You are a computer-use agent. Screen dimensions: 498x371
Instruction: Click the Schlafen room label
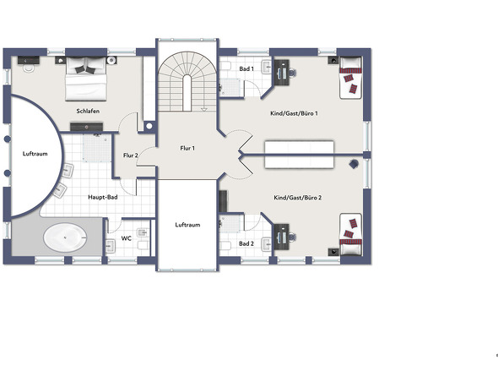(x=88, y=111)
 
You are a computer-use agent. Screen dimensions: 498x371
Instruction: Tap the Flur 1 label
(x=187, y=148)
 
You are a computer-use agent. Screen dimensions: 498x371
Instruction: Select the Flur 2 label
(x=131, y=155)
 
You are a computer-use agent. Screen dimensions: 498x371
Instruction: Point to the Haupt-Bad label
(x=103, y=197)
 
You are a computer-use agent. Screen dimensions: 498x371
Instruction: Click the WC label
(x=127, y=238)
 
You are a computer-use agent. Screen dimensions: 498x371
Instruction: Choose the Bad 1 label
(x=246, y=68)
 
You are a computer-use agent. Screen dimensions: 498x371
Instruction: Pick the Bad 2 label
(x=246, y=243)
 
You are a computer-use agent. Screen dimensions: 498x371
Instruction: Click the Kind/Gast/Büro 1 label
(x=294, y=113)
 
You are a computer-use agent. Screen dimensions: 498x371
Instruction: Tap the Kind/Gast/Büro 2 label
(x=298, y=198)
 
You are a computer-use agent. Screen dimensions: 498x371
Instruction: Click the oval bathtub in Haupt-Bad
(x=65, y=237)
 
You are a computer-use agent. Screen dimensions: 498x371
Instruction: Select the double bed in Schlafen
(x=86, y=79)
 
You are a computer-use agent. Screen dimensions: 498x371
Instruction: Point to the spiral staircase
(x=187, y=82)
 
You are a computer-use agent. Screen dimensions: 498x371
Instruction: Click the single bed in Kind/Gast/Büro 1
(x=350, y=78)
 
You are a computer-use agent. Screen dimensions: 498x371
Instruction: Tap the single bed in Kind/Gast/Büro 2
(x=350, y=235)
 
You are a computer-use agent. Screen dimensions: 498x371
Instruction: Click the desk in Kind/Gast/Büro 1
(x=282, y=73)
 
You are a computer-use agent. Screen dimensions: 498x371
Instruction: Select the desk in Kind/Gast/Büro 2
(x=282, y=237)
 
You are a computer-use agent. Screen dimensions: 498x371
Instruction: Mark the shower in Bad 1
(x=231, y=87)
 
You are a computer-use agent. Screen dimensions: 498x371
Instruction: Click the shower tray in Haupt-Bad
(x=97, y=148)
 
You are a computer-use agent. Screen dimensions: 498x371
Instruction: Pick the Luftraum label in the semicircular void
(x=35, y=154)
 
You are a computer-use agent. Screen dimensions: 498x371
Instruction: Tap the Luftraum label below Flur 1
(x=187, y=225)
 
